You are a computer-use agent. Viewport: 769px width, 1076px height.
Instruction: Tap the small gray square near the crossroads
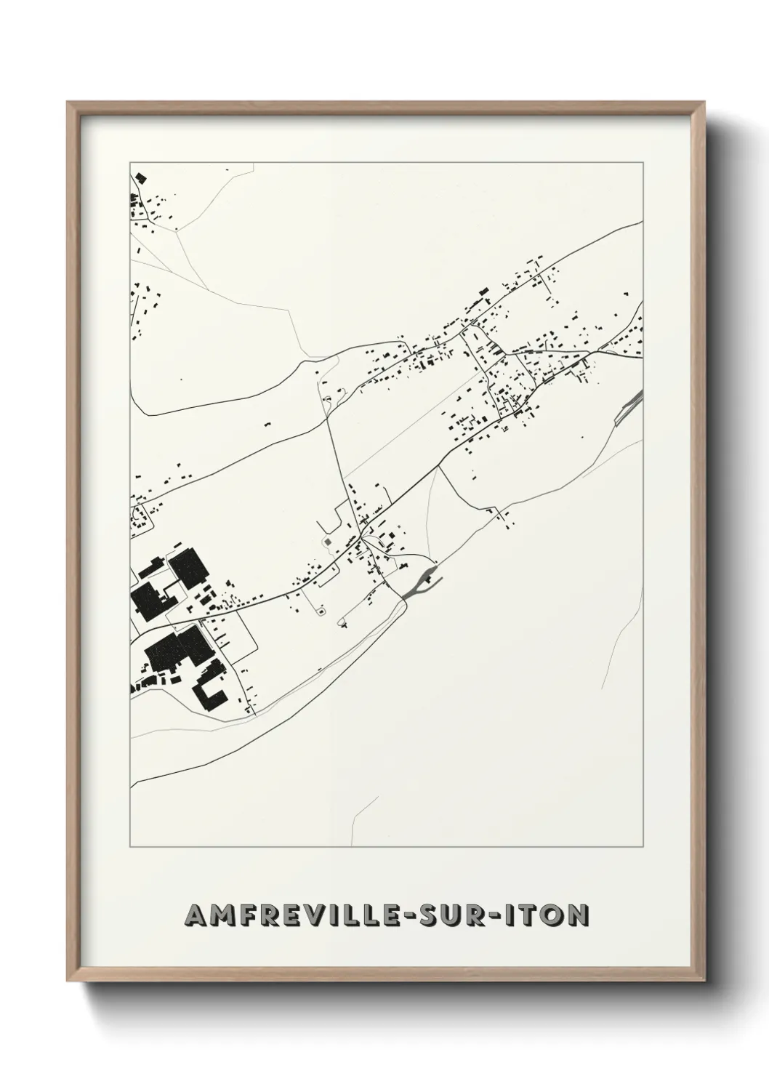(327, 541)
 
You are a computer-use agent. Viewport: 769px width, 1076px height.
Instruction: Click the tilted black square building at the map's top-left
(139, 177)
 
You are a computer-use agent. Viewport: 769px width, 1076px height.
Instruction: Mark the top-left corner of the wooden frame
(68, 103)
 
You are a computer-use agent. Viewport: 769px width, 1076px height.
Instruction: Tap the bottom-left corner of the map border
(130, 846)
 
